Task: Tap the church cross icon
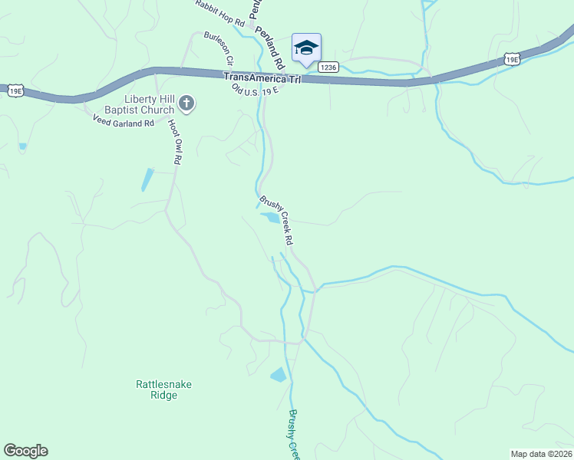click(x=186, y=102)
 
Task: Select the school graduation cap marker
click(x=306, y=48)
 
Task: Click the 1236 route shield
click(x=328, y=67)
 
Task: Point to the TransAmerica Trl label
click(x=262, y=78)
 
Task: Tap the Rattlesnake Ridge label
click(x=156, y=389)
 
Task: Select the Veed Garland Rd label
click(x=124, y=122)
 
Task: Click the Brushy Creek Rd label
click(x=277, y=221)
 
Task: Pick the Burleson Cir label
click(x=218, y=47)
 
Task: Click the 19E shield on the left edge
click(x=14, y=90)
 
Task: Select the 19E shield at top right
click(x=512, y=58)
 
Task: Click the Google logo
click(x=25, y=451)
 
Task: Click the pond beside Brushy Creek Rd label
click(x=270, y=218)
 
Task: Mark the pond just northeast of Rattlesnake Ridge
click(x=278, y=375)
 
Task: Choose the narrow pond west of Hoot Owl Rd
click(x=146, y=179)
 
